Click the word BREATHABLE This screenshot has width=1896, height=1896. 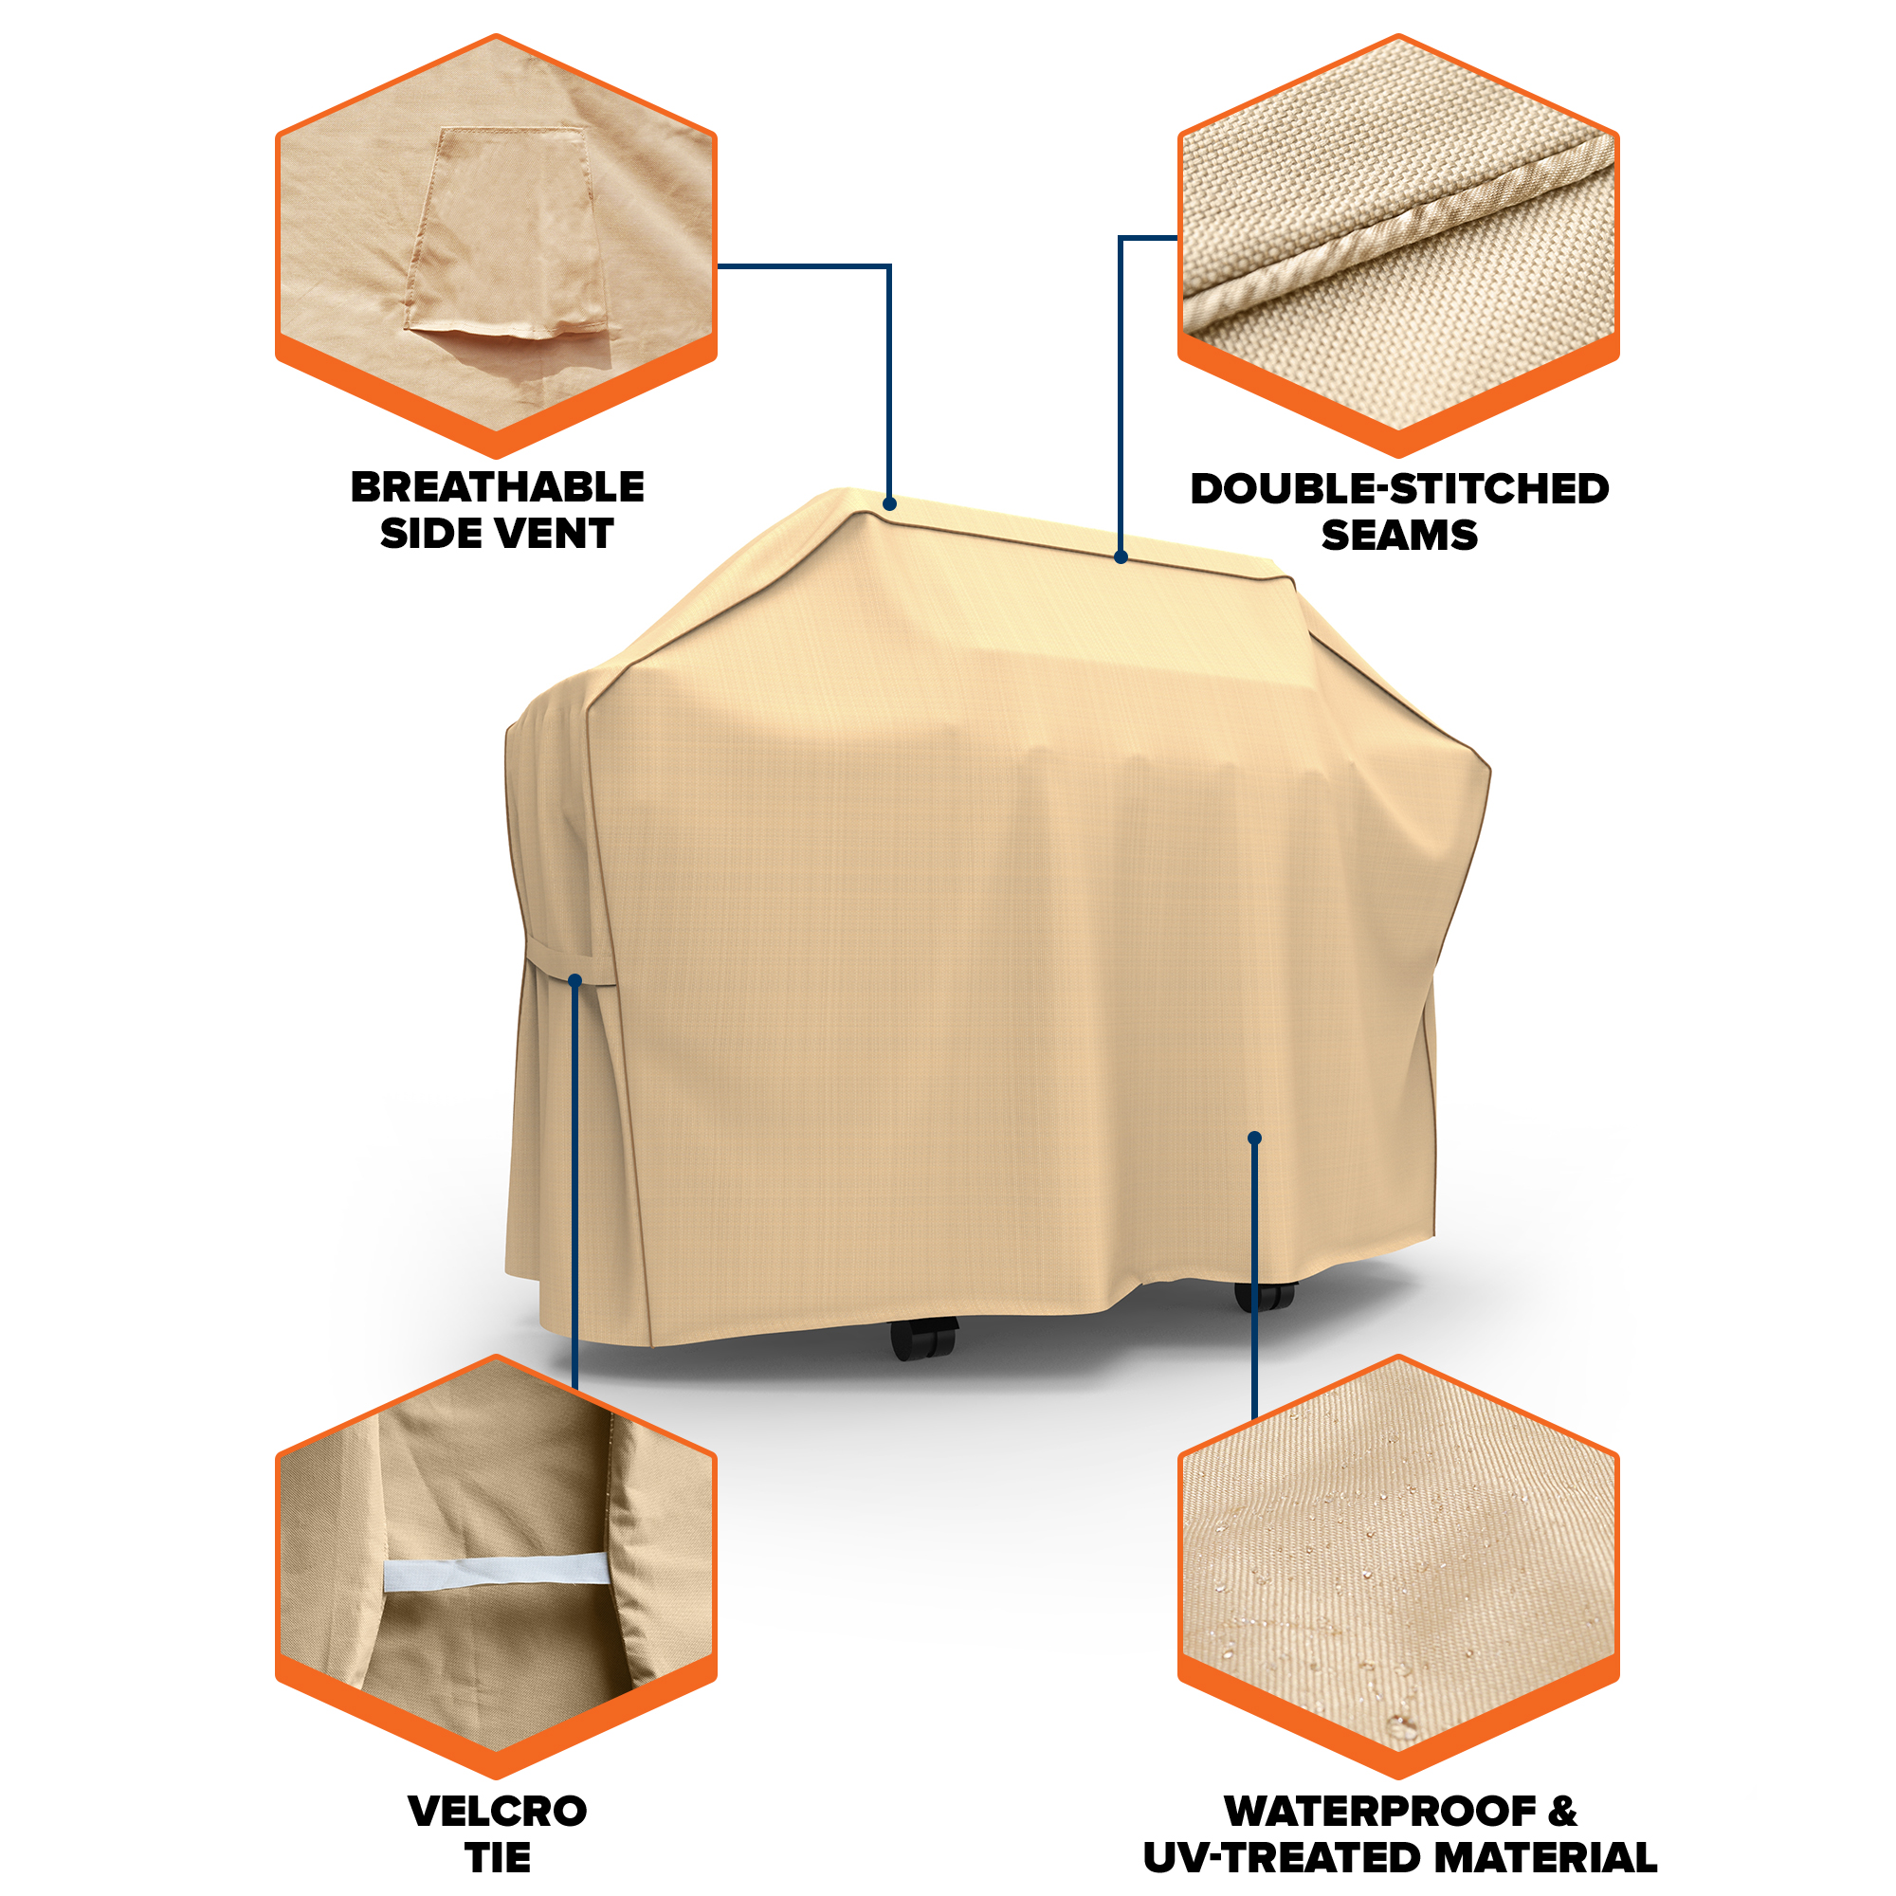(x=497, y=486)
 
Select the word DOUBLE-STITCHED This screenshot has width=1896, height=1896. (x=1398, y=489)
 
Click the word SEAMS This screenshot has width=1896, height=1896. (x=1398, y=535)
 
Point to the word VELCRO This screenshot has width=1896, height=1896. (x=497, y=1811)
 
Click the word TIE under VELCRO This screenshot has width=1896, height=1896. (x=497, y=1857)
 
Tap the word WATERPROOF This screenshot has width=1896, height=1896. (x=1379, y=1811)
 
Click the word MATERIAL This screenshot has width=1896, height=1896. (x=1537, y=1858)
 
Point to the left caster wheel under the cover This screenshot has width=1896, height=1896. (x=923, y=1337)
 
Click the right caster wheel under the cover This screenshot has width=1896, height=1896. (x=1266, y=1295)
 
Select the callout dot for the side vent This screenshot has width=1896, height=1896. (x=889, y=503)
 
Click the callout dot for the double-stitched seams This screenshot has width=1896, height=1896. (x=1121, y=556)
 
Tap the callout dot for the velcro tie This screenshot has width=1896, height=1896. (x=575, y=980)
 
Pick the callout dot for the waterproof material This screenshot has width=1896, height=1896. (x=1254, y=1139)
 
